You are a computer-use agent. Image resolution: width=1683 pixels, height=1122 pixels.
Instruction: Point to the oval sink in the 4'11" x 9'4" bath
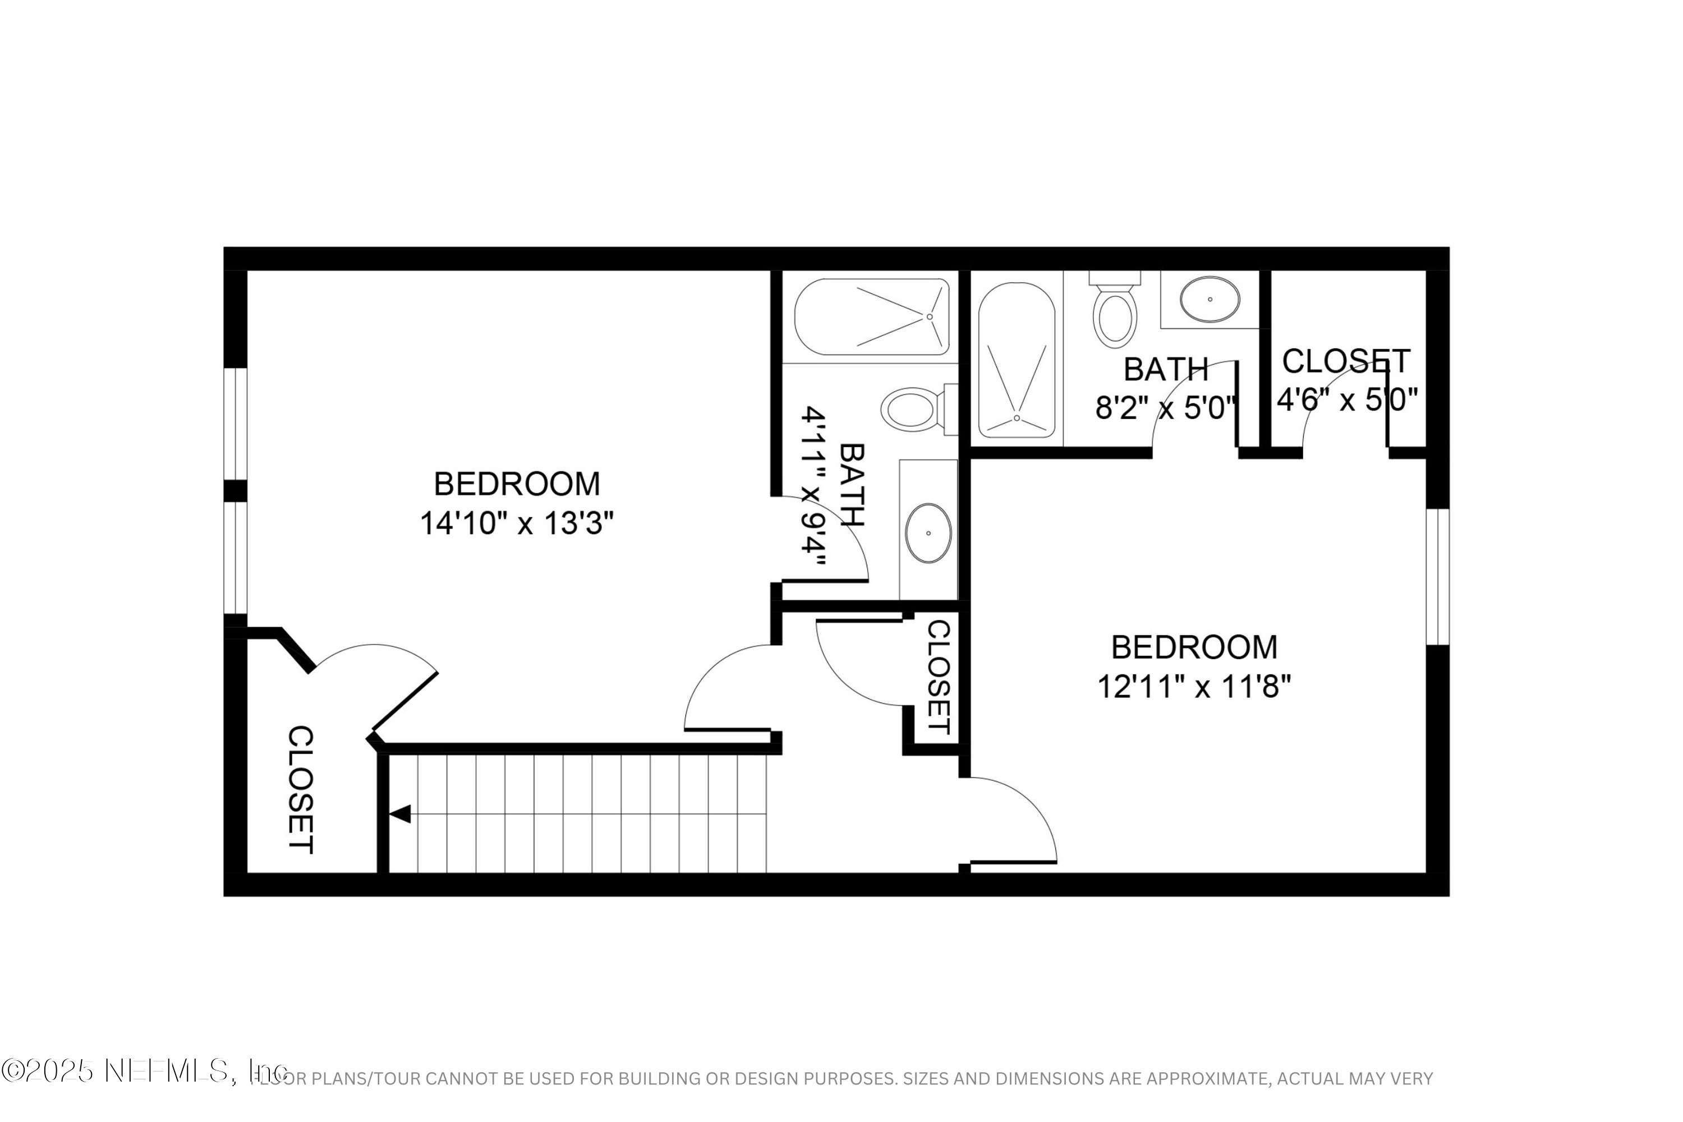click(x=928, y=533)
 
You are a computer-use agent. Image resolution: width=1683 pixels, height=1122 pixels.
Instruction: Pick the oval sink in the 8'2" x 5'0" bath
click(x=1210, y=299)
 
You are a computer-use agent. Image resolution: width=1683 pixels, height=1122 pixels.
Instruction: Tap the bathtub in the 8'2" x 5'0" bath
click(x=1016, y=361)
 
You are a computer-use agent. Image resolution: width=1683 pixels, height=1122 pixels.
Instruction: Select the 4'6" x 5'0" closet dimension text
click(x=1347, y=400)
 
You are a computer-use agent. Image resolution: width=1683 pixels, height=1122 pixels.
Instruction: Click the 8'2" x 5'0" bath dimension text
click(x=1166, y=408)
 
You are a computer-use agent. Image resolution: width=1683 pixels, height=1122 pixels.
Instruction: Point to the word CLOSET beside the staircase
click(x=301, y=790)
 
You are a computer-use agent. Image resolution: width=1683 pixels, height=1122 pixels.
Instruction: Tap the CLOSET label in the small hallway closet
click(x=938, y=676)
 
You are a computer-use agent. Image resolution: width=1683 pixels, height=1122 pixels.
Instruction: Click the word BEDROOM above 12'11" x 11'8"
click(x=1194, y=647)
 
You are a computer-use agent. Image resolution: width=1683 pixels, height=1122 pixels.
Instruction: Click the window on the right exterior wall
click(x=1437, y=577)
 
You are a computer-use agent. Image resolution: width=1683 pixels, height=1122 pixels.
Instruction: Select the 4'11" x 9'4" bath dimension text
click(x=813, y=486)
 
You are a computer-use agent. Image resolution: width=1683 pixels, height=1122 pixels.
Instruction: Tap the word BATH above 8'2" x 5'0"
click(x=1166, y=369)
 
